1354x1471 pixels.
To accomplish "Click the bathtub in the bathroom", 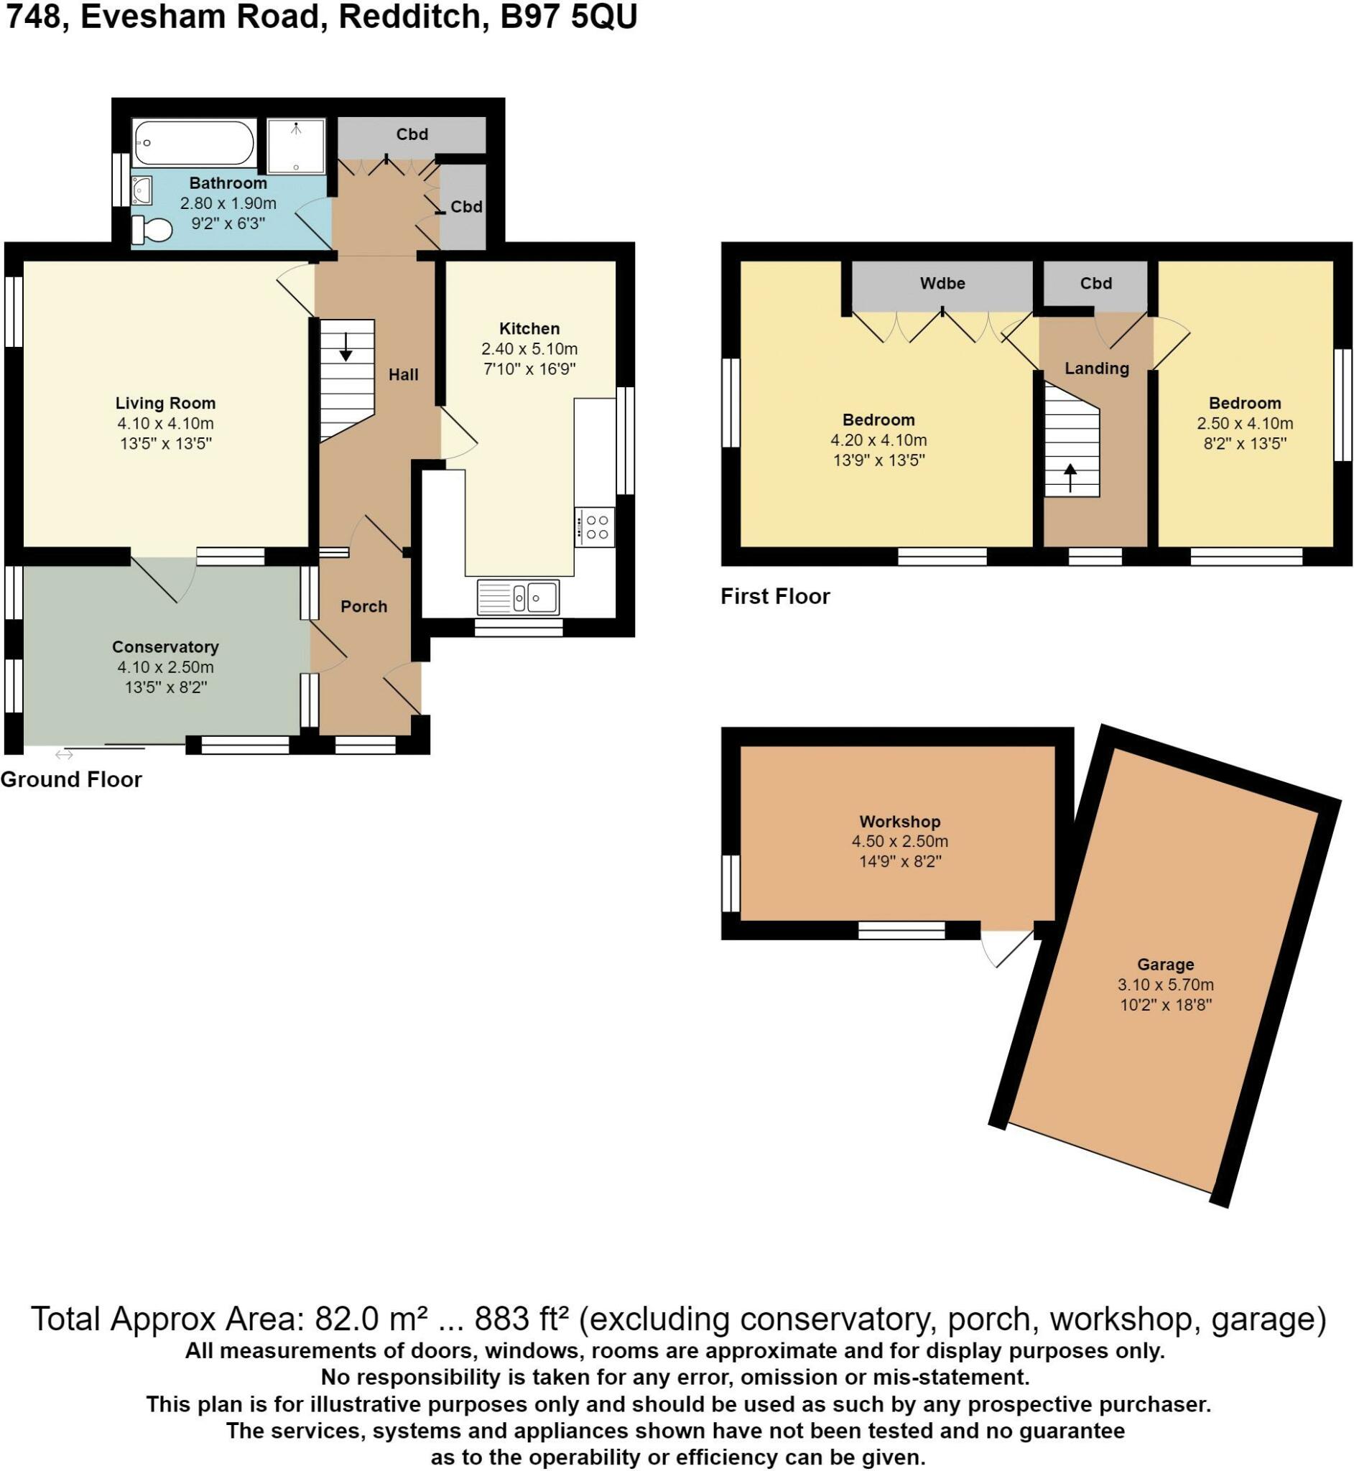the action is click(194, 143).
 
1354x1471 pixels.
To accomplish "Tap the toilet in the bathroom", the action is click(152, 230).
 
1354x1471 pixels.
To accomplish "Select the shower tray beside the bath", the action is click(296, 147).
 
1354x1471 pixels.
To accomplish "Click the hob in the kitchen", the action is click(595, 526).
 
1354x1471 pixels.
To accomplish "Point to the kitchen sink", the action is click(518, 597).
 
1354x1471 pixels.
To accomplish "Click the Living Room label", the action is click(166, 403).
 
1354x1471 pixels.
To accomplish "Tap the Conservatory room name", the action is click(166, 647).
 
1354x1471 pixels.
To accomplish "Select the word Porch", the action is click(364, 606).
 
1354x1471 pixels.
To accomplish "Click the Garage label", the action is click(1166, 965).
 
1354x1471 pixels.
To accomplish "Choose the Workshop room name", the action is click(900, 822).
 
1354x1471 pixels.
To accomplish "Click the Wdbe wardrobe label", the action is click(943, 284).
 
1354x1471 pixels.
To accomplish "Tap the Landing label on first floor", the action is click(1097, 368).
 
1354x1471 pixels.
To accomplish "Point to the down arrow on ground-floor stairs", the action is click(346, 345).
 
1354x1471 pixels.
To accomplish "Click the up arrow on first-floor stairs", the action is click(1070, 477).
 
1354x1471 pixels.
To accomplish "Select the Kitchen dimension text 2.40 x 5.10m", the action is click(529, 348).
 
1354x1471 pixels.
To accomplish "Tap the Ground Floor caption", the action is click(71, 779).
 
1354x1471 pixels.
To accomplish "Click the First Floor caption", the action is click(775, 596).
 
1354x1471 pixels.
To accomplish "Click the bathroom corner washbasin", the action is click(142, 190).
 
